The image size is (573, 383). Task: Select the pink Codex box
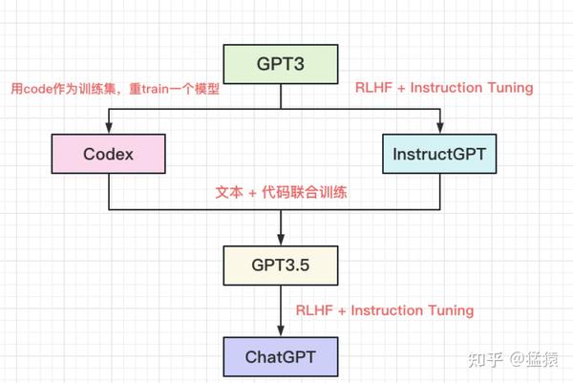click(109, 153)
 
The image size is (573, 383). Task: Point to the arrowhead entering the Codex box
click(109, 130)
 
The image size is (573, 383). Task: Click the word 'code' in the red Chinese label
click(39, 89)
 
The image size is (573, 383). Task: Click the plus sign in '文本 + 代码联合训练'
click(252, 192)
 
